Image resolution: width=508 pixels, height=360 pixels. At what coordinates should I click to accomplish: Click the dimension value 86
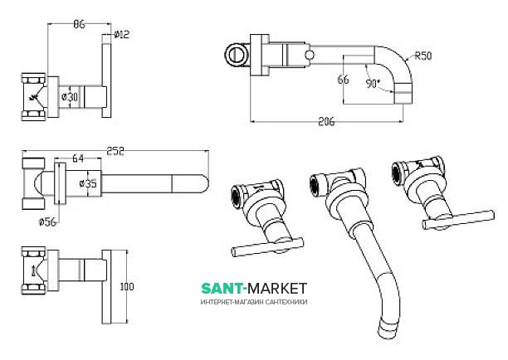pyautogui.click(x=79, y=25)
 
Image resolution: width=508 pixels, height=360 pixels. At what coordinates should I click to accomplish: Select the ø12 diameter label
pyautogui.click(x=122, y=35)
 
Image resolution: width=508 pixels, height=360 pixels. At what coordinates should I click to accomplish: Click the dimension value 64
pyautogui.click(x=77, y=159)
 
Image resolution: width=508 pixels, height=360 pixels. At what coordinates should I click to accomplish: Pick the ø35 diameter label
pyautogui.click(x=89, y=183)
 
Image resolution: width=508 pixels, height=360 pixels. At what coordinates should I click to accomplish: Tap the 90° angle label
pyautogui.click(x=371, y=84)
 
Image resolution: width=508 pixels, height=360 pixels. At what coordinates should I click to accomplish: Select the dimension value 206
pyautogui.click(x=326, y=122)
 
